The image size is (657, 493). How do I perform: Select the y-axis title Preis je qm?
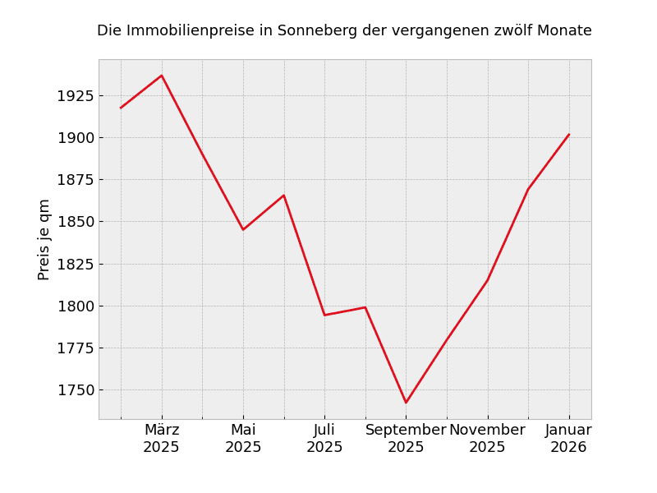pos(44,239)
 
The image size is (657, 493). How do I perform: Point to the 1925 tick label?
pos(76,96)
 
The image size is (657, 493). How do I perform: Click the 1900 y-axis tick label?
pos(76,138)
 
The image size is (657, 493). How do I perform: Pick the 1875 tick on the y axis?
pos(76,180)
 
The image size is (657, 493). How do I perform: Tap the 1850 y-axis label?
pos(76,222)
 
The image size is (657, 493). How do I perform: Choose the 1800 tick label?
pos(76,306)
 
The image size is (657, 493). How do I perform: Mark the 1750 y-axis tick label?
pos(76,390)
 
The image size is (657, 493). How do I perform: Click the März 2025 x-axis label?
pos(162,439)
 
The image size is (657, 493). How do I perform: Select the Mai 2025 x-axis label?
pos(243,439)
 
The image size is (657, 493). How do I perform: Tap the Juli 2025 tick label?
pos(324,439)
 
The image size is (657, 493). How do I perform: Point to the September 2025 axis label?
pos(406,439)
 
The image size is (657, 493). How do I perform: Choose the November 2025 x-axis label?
pos(487,439)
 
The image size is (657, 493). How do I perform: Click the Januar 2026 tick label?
pos(568,439)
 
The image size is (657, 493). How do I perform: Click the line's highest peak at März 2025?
pos(162,76)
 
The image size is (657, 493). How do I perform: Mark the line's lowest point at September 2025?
pos(406,403)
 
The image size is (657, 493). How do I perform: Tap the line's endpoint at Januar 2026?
pos(568,135)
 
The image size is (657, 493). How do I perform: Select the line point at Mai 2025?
pos(243,229)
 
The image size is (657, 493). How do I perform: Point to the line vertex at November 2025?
pos(487,281)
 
